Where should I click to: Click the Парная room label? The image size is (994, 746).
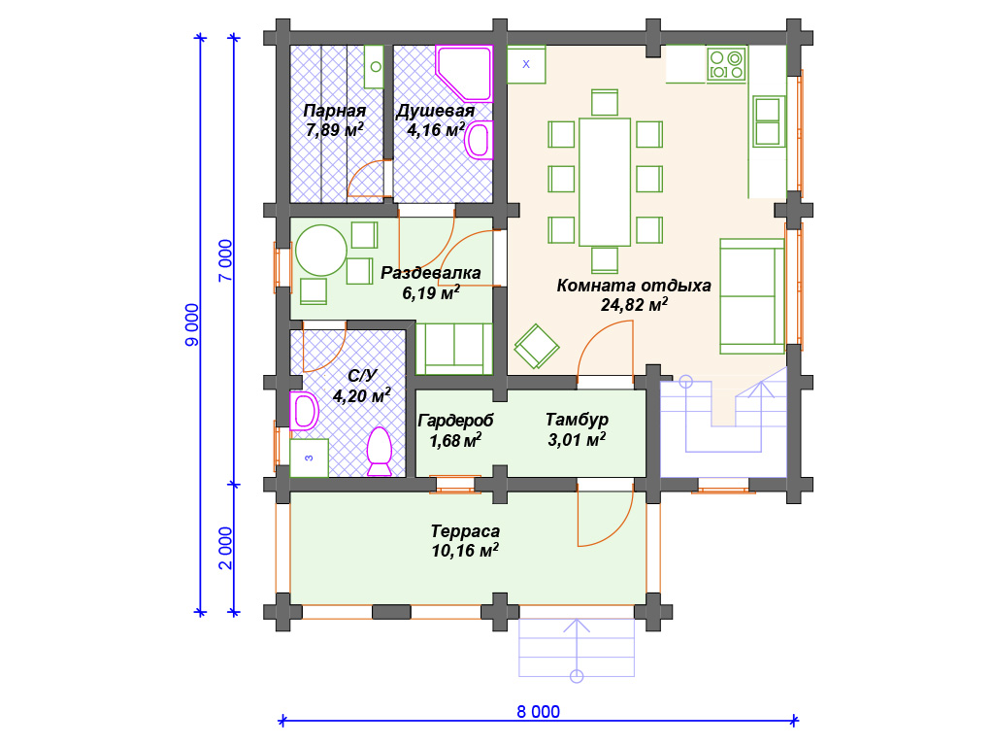click(335, 111)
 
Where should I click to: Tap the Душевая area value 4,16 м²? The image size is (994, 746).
click(436, 130)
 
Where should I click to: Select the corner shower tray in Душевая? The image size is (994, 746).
click(464, 74)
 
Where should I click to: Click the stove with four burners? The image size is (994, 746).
click(726, 65)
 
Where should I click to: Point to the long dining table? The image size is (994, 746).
click(604, 182)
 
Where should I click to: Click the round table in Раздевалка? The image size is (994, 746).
click(320, 250)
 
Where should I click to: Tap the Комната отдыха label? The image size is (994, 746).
click(634, 286)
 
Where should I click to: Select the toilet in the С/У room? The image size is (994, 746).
click(380, 451)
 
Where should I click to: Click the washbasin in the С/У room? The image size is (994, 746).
click(304, 411)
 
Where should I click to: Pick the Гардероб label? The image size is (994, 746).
click(455, 421)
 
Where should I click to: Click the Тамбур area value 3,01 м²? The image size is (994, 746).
click(577, 439)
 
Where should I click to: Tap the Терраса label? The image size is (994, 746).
click(465, 531)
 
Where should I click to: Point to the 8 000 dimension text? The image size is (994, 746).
click(538, 712)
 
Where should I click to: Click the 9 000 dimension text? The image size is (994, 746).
click(191, 324)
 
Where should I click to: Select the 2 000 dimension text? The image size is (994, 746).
click(225, 548)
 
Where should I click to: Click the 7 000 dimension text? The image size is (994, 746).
click(225, 260)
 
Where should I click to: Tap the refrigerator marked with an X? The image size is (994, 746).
click(526, 64)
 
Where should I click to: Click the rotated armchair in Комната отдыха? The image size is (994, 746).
click(536, 347)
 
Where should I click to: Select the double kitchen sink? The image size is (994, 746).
click(769, 121)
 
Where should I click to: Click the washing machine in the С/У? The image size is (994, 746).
click(309, 458)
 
